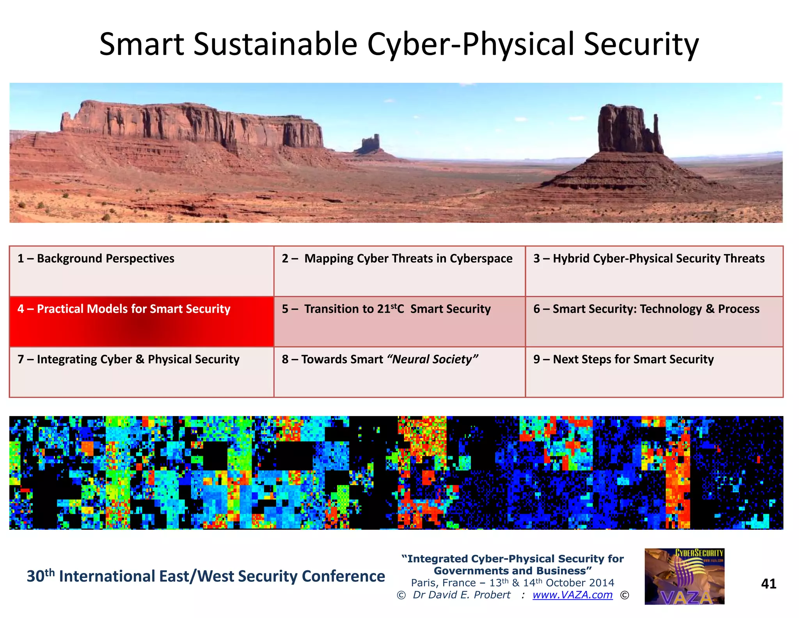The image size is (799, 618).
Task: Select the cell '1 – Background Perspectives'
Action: pyautogui.click(x=141, y=271)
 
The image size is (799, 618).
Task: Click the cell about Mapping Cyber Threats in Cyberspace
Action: pyautogui.click(x=399, y=271)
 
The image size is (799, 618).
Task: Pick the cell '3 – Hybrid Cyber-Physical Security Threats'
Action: pyautogui.click(x=654, y=271)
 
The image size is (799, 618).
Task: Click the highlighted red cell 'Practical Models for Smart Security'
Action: pyautogui.click(x=141, y=321)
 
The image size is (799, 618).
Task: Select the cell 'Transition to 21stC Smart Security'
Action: pyautogui.click(x=399, y=321)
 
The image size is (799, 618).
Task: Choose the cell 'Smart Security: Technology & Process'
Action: pyautogui.click(x=654, y=321)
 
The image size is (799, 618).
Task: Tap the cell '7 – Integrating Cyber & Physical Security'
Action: pyautogui.click(x=141, y=372)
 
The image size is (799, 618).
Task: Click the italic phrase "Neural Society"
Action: pyautogui.click(x=432, y=359)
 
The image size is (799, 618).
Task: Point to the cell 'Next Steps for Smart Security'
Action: pyautogui.click(x=654, y=372)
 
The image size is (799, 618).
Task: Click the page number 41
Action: pyautogui.click(x=768, y=583)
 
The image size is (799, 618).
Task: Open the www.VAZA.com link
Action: pyautogui.click(x=572, y=595)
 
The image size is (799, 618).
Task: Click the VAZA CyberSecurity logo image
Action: pyautogui.click(x=684, y=576)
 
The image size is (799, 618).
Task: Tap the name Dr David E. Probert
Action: pyautogui.click(x=462, y=595)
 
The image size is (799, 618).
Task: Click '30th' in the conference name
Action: pyautogui.click(x=41, y=576)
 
